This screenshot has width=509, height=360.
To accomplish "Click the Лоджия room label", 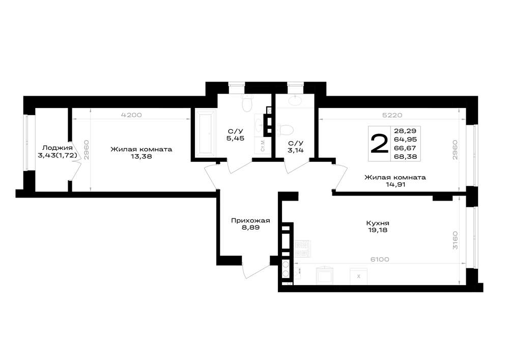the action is click(x=58, y=148).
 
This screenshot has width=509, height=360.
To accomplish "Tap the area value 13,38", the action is click(x=141, y=156).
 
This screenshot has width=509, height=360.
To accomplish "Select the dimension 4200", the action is click(x=131, y=115).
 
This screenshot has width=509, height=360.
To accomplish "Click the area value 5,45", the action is click(x=235, y=139).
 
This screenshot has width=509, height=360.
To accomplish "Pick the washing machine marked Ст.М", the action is click(x=263, y=145).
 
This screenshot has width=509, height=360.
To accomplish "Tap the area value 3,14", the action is click(x=296, y=150).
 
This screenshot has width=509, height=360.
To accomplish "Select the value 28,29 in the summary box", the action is click(x=405, y=131).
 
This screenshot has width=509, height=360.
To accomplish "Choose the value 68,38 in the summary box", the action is click(x=405, y=156).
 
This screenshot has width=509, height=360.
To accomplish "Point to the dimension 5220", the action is click(x=392, y=115).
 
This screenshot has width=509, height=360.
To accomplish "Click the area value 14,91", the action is click(x=395, y=185).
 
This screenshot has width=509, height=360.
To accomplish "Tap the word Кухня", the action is click(x=378, y=224).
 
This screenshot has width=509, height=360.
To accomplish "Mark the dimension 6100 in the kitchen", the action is click(x=380, y=260).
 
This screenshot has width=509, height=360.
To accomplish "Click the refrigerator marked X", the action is click(x=358, y=276).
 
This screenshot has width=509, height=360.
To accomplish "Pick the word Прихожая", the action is click(x=250, y=221).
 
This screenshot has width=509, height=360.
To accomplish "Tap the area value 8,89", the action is click(x=250, y=228).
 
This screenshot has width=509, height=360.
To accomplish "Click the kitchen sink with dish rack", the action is click(x=302, y=248).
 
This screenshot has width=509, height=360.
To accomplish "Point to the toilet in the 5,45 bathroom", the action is click(x=247, y=103).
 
